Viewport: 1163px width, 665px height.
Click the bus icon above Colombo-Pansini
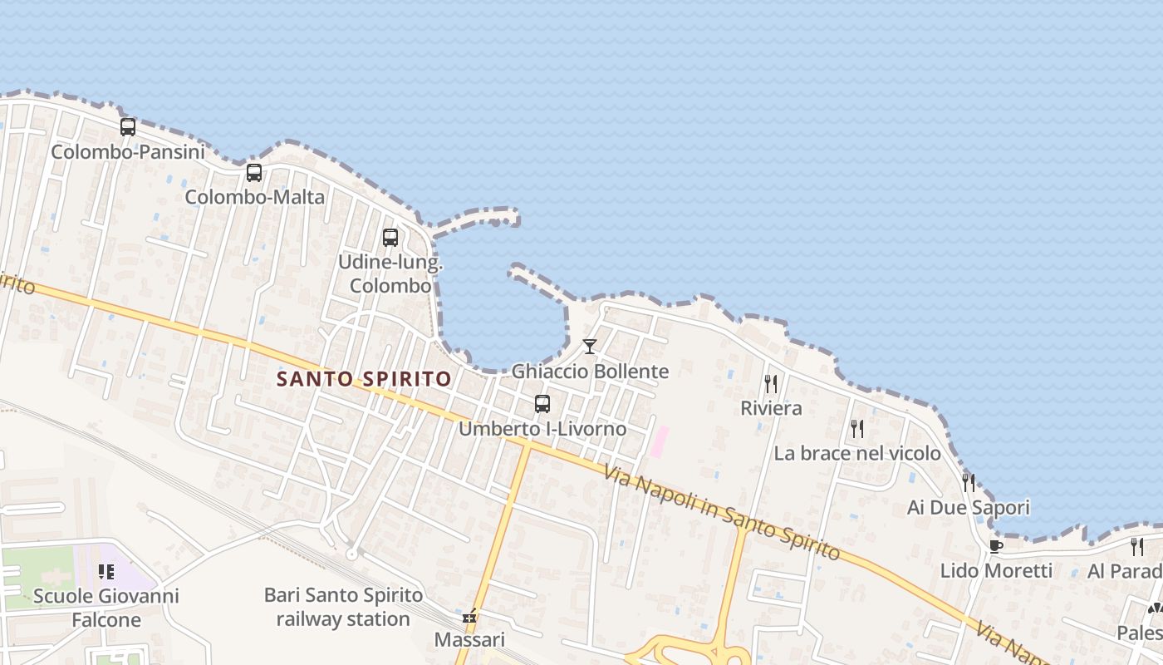click(127, 127)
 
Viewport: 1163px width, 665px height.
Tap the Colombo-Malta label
click(254, 197)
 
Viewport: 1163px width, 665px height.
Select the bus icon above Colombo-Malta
click(254, 173)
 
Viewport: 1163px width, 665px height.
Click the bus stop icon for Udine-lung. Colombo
click(390, 238)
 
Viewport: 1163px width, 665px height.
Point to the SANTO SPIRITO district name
click(364, 379)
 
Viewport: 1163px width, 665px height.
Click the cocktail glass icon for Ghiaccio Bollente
click(590, 346)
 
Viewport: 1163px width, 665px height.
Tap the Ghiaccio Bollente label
click(590, 371)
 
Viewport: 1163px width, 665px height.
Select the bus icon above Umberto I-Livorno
click(542, 404)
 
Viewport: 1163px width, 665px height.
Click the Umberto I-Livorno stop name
click(542, 429)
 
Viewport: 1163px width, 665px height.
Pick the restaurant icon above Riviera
click(771, 383)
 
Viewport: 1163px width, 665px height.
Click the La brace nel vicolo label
click(857, 453)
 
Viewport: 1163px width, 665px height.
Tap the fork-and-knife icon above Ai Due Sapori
click(969, 482)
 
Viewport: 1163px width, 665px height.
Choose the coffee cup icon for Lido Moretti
click(996, 546)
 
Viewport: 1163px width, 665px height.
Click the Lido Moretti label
click(996, 570)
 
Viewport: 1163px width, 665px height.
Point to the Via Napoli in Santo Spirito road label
click(722, 512)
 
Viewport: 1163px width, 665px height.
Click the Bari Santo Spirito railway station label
click(343, 607)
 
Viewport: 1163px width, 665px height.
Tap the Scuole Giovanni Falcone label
click(106, 608)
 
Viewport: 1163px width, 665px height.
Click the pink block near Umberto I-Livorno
click(659, 441)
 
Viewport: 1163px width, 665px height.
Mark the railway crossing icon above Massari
click(470, 617)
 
